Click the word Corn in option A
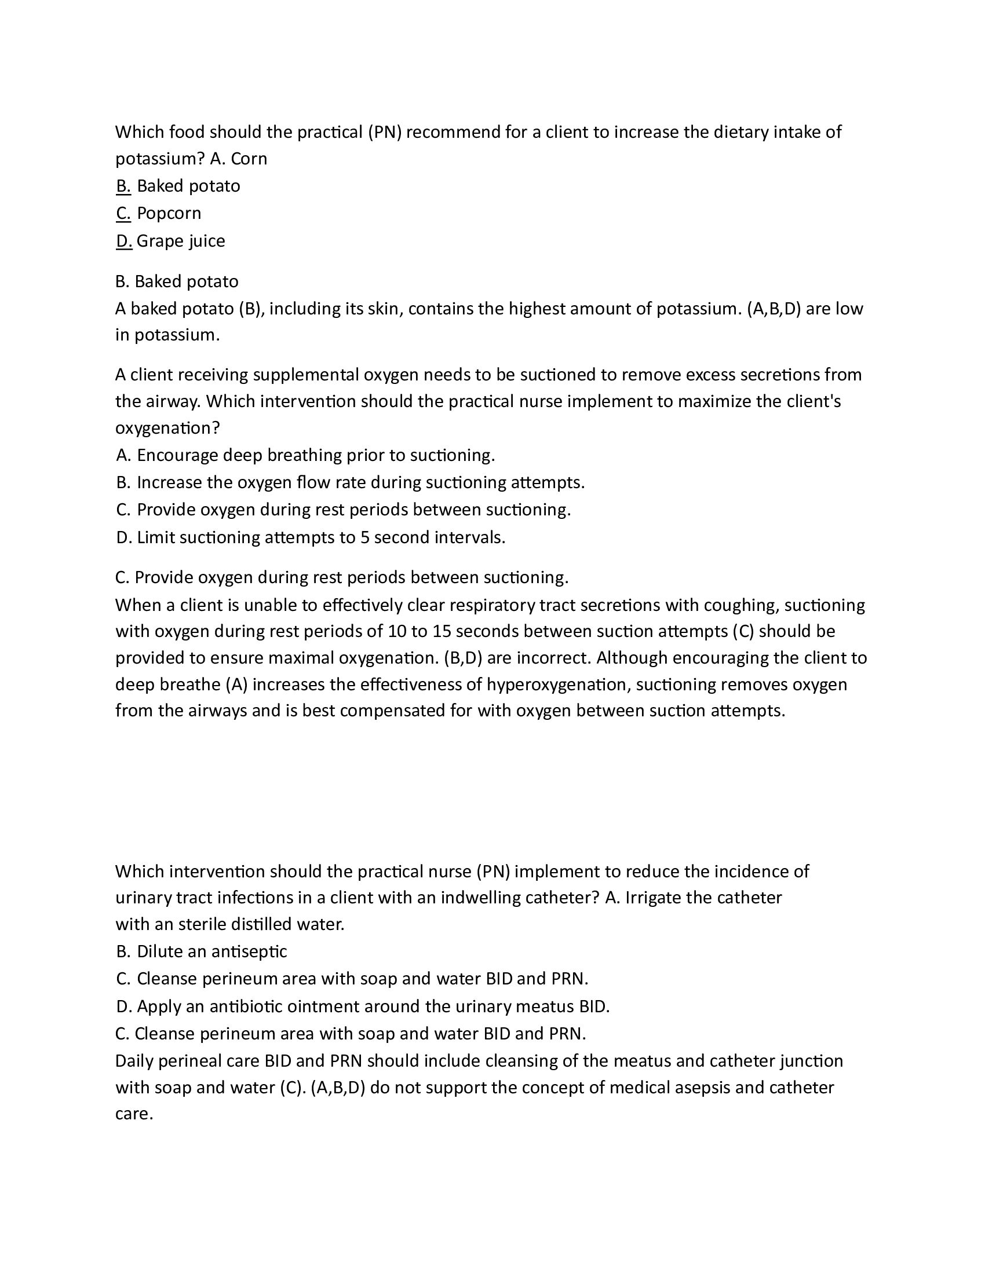click(249, 159)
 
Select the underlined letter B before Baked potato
click(123, 186)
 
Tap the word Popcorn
click(169, 214)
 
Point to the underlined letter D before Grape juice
click(124, 241)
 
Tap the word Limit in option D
click(156, 537)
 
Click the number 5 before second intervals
click(364, 537)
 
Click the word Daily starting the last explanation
click(135, 1060)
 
